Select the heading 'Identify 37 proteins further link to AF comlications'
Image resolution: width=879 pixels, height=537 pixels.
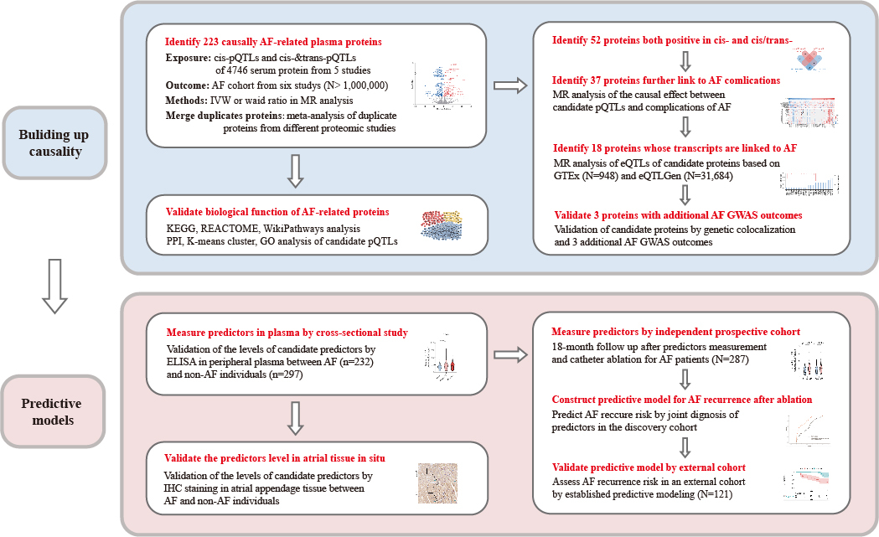point(665,80)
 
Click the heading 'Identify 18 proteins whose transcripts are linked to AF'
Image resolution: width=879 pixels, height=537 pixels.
point(674,148)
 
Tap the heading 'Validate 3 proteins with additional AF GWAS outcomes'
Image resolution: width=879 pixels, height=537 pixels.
point(678,214)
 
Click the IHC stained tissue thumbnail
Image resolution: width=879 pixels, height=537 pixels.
point(437,483)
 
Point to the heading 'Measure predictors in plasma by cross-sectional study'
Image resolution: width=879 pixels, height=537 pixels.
point(287,333)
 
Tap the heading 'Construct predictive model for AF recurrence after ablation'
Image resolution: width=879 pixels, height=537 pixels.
point(680,399)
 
